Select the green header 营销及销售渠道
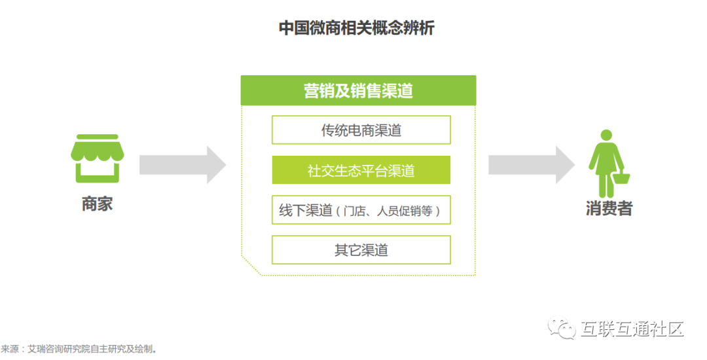pyautogui.click(x=358, y=90)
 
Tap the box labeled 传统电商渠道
pyautogui.click(x=361, y=130)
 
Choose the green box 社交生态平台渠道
pyautogui.click(x=361, y=170)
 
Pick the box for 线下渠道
pyautogui.click(x=361, y=210)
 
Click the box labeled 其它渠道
pyautogui.click(x=361, y=250)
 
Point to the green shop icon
pyautogui.click(x=97, y=158)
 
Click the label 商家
pyautogui.click(x=97, y=204)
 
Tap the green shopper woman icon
pyautogui.click(x=607, y=160)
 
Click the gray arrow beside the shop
pyautogui.click(x=183, y=165)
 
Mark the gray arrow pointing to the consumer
pyautogui.click(x=532, y=165)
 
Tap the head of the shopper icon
pyautogui.click(x=607, y=134)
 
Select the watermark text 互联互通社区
pyautogui.click(x=632, y=329)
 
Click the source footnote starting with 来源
pyautogui.click(x=79, y=349)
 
